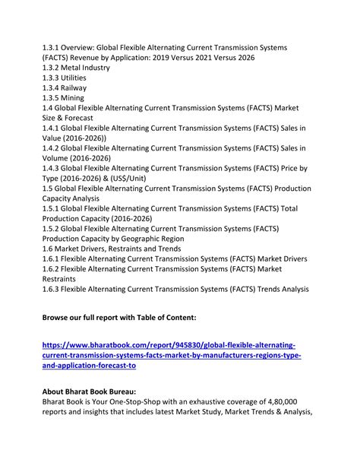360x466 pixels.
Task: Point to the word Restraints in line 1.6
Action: [136, 248]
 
